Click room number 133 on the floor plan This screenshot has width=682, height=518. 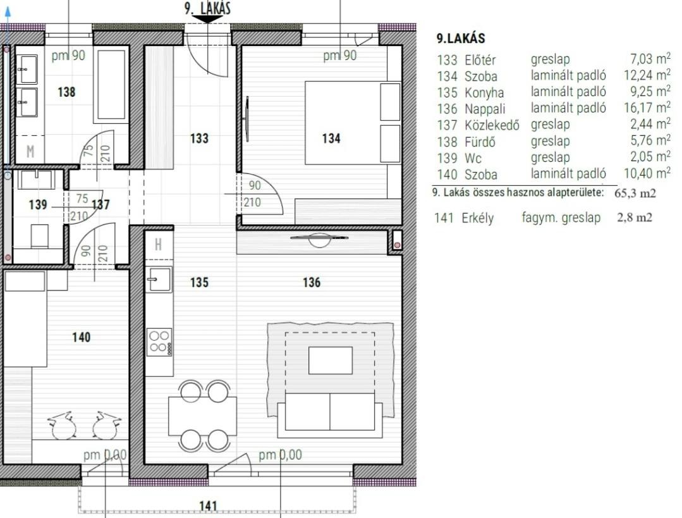199,139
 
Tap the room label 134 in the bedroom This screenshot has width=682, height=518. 331,139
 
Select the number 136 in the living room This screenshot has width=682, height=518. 312,283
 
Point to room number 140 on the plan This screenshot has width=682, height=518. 82,337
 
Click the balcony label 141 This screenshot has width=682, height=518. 208,506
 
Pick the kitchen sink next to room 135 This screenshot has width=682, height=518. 158,279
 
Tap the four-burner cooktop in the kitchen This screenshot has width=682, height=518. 159,342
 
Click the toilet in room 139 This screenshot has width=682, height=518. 40,235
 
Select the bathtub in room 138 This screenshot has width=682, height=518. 112,85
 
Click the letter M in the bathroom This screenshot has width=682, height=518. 30,152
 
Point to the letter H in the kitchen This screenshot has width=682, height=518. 158,245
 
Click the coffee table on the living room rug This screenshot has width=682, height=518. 331,360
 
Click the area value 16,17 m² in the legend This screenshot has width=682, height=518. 647,108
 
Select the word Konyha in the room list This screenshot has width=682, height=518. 484,93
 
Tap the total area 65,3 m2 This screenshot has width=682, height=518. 635,193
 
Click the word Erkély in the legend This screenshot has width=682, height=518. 478,218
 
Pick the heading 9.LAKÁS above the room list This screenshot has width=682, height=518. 461,39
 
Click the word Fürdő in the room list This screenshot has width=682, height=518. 480,142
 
